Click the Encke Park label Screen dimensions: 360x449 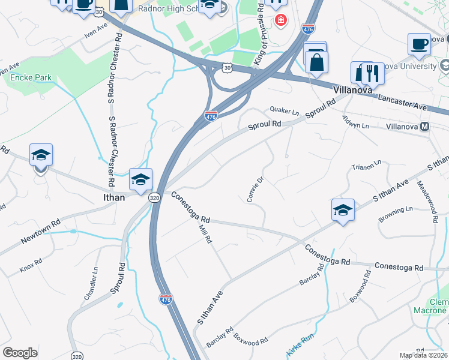point(27,77)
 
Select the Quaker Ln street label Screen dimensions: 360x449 point(285,111)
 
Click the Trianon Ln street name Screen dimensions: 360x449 point(366,165)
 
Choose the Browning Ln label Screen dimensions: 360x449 point(396,214)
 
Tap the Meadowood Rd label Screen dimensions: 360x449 point(426,202)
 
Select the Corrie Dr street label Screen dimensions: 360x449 point(253,188)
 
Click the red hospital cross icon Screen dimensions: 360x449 point(280,21)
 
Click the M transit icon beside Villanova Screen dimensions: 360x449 point(424,127)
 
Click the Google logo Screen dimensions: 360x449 point(20,353)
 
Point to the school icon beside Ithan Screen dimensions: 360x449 point(140,179)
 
